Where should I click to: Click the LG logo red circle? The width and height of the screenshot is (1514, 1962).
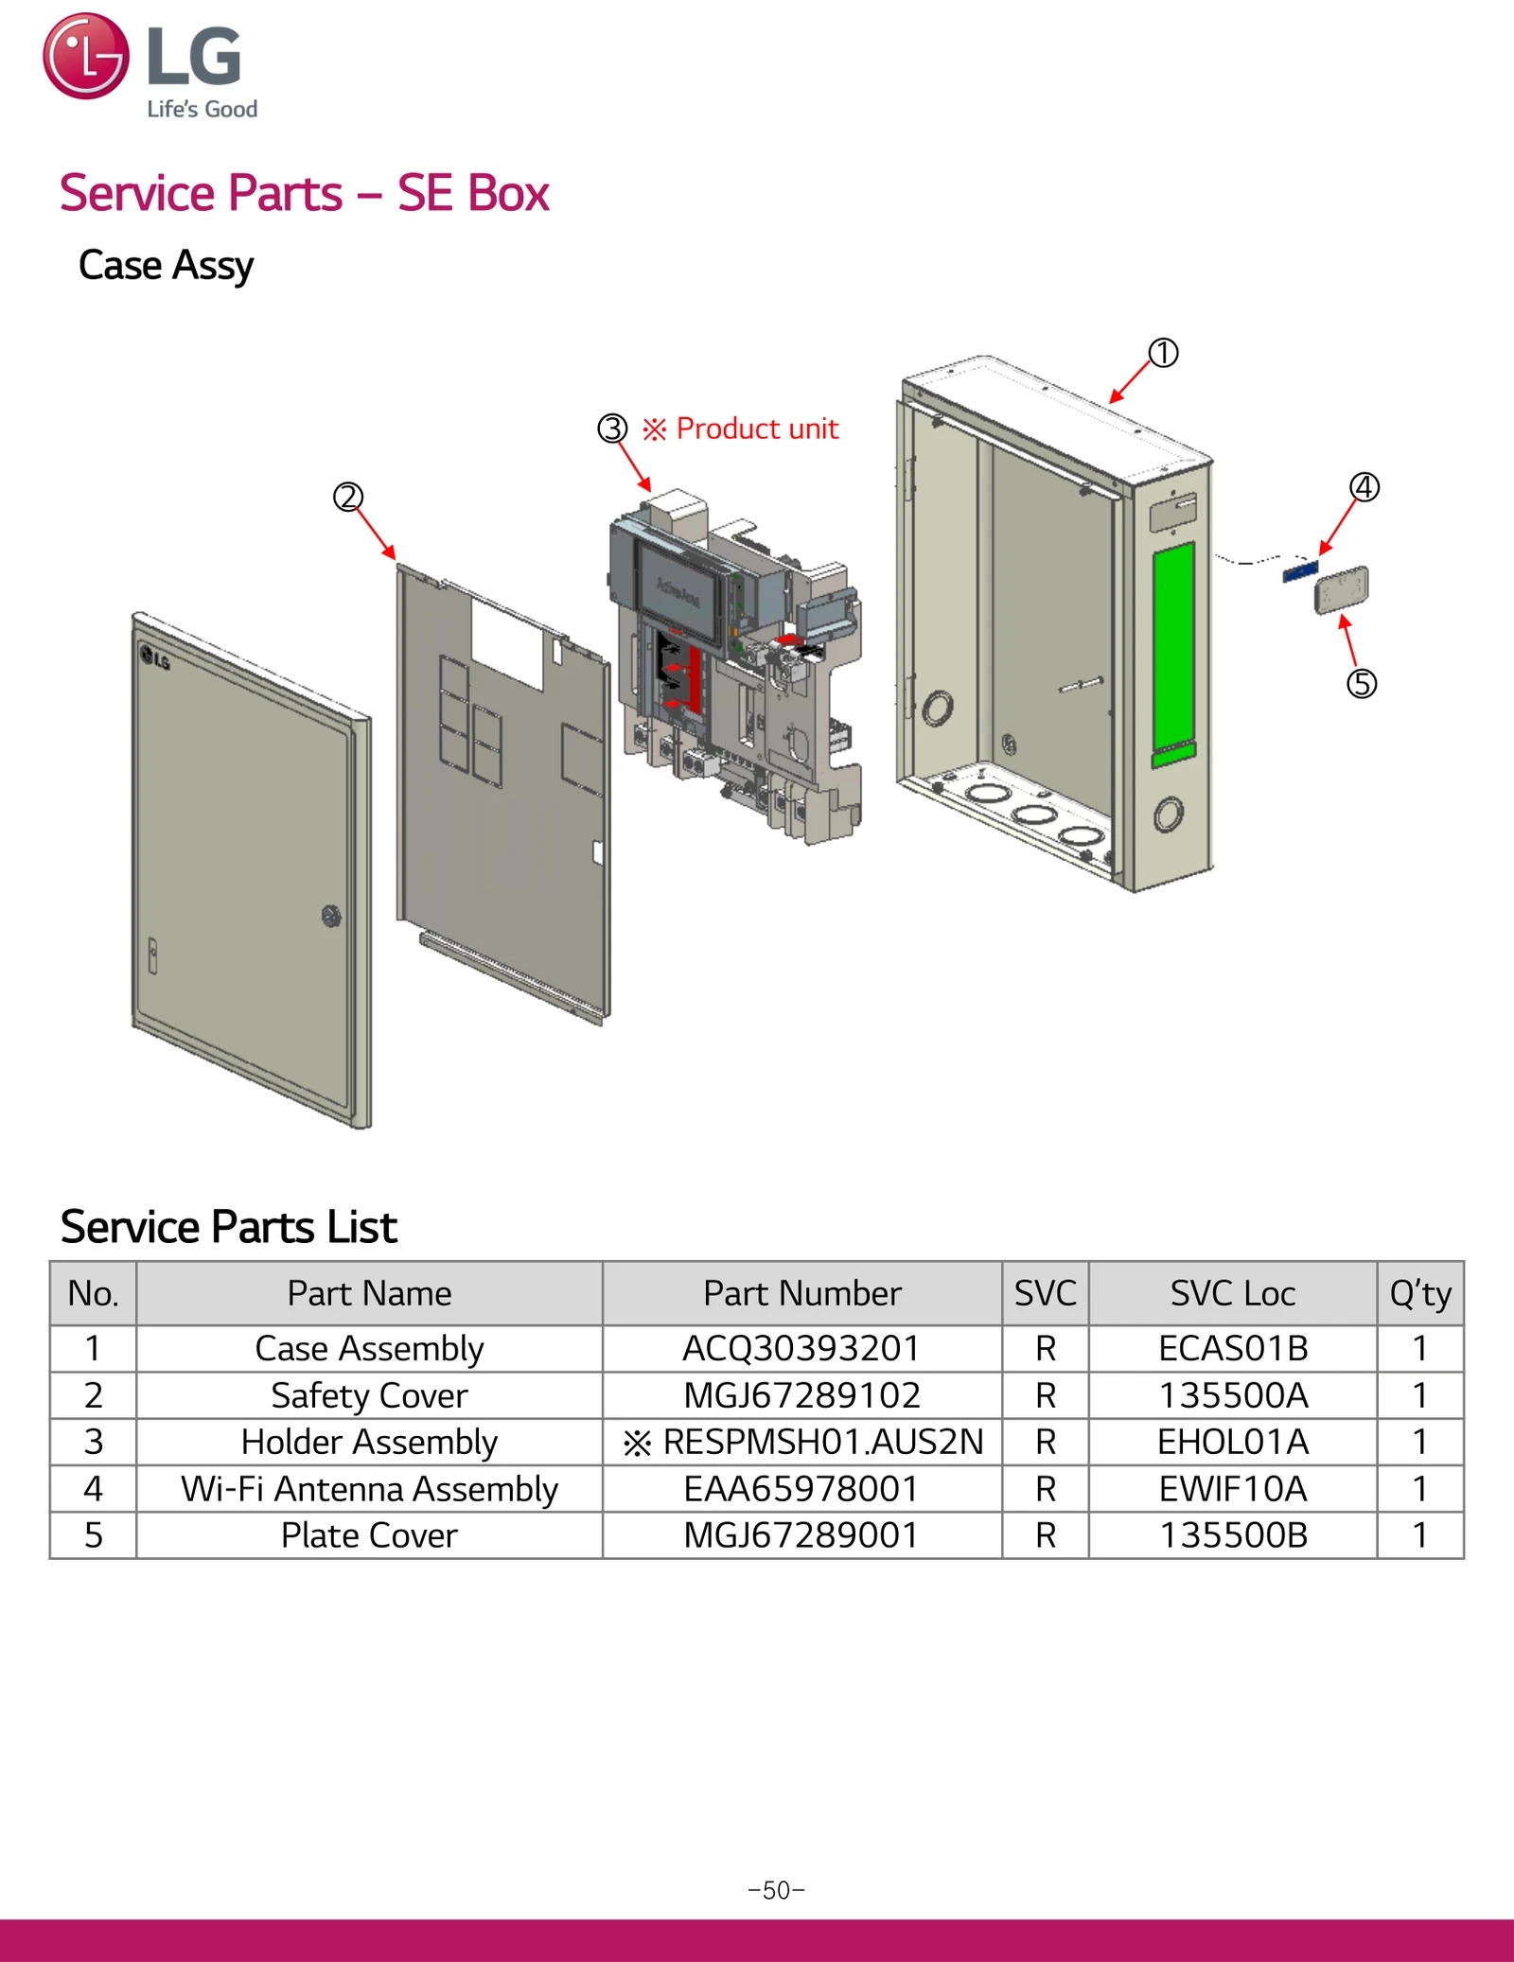pos(85,56)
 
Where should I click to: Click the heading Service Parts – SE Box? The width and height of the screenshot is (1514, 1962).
pos(304,193)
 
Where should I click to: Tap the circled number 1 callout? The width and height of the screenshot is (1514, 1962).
pos(1163,353)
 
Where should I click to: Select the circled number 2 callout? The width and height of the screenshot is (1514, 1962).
pos(347,497)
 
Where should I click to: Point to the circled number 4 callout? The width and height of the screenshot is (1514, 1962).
pos(1364,487)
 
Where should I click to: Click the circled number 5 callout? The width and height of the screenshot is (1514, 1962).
pos(1361,683)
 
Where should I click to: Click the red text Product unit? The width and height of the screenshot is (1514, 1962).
pos(756,429)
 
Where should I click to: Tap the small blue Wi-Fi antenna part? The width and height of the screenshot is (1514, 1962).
pos(1300,571)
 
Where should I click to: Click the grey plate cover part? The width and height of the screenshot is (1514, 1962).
pos(1342,589)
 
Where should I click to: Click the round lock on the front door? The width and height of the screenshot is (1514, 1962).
pos(330,915)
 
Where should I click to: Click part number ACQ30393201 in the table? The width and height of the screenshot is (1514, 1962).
pos(801,1348)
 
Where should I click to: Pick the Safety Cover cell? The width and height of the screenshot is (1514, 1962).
pos(369,1395)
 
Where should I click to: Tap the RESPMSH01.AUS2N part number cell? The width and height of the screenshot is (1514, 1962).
pos(801,1442)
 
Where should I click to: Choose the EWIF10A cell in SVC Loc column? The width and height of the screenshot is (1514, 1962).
pos(1232,1489)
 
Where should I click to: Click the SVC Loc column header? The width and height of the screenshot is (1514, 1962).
pos(1232,1293)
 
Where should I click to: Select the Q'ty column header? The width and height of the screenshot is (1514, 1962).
pos(1419,1293)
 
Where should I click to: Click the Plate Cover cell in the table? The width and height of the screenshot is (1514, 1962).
pos(369,1535)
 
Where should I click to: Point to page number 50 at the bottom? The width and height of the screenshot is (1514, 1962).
pos(776,1890)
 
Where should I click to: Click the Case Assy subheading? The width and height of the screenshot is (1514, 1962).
pos(166,265)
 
